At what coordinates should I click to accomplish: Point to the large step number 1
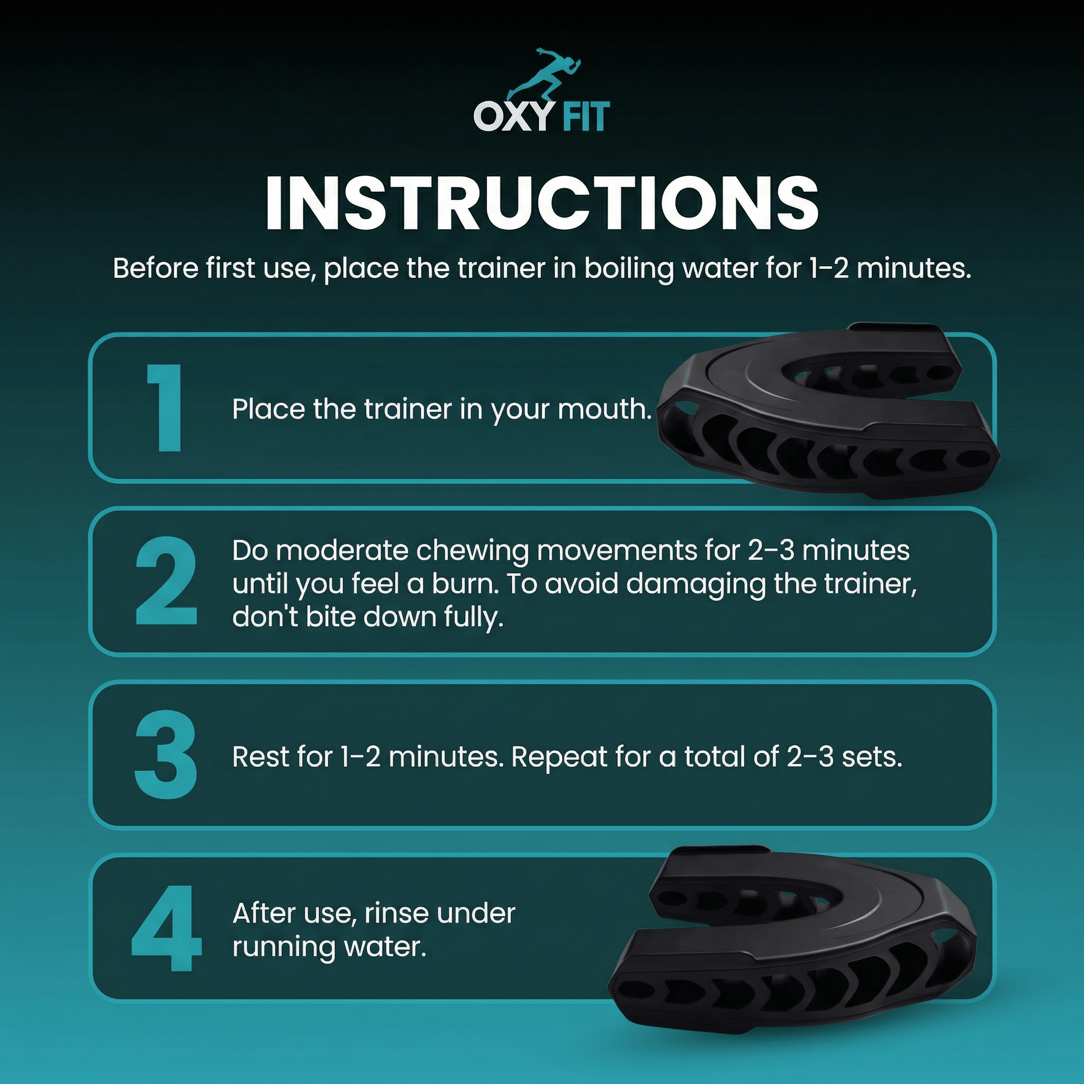[x=164, y=408]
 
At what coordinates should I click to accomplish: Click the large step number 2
[x=166, y=581]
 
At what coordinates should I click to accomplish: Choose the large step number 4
[x=166, y=928]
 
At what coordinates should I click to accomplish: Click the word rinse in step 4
[x=396, y=913]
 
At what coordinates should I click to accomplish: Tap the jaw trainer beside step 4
[x=797, y=948]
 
